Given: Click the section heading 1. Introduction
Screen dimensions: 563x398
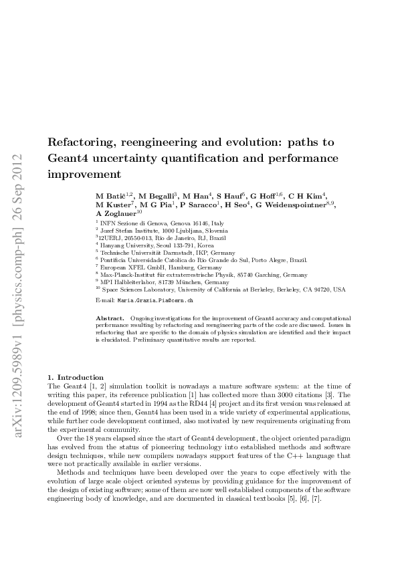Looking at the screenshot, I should tap(75, 378).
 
